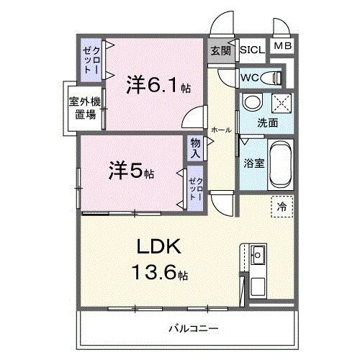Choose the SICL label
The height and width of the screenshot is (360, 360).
[x=252, y=50]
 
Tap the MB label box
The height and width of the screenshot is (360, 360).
[x=281, y=47]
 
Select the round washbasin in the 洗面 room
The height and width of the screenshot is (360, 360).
[x=252, y=104]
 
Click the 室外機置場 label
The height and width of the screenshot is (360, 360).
[x=86, y=108]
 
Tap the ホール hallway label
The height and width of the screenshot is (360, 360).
[x=221, y=130]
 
